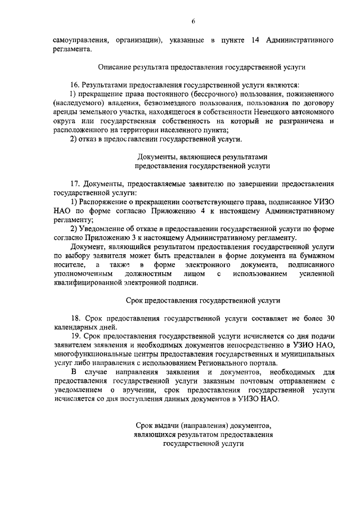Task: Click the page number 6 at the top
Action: pyautogui.click(x=192, y=21)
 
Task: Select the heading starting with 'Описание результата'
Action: pyautogui.click(x=202, y=66)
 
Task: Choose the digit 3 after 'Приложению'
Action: pyautogui.click(x=141, y=238)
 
